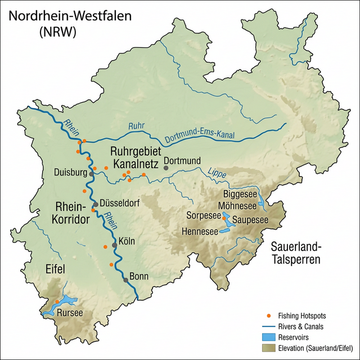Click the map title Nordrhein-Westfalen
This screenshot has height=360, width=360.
tap(70, 16)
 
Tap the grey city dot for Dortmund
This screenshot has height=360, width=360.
tap(166, 168)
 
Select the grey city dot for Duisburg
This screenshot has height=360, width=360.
tap(92, 174)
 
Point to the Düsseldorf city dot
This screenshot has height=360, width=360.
tap(96, 204)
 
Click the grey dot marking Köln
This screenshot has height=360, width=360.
tap(114, 245)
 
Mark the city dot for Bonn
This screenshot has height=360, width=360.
tap(125, 280)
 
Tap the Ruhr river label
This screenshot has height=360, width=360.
tap(137, 127)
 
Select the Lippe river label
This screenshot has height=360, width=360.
tap(217, 175)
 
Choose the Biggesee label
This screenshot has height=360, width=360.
tap(240, 194)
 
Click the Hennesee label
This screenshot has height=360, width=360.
tap(200, 231)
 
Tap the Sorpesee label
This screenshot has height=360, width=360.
tap(203, 215)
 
